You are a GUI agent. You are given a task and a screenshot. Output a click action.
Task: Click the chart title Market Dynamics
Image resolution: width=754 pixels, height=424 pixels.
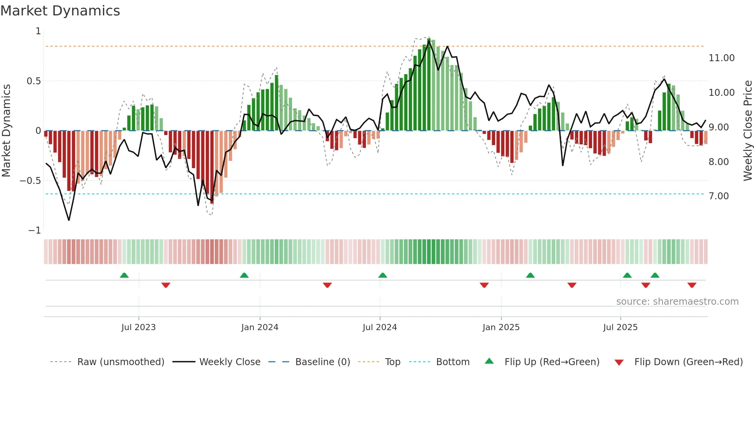(x=60, y=11)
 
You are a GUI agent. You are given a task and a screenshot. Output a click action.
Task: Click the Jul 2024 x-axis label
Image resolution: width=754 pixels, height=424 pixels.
(x=379, y=327)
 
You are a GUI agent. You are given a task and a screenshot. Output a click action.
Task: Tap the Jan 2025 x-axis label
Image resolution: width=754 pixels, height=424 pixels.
(x=501, y=327)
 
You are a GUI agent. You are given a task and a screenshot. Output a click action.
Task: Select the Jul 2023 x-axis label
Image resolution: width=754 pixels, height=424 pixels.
(x=138, y=327)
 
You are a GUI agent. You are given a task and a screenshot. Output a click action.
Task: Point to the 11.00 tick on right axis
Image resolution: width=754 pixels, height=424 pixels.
(x=721, y=58)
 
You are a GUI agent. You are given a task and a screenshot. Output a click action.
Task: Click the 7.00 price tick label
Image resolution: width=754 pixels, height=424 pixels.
(x=719, y=196)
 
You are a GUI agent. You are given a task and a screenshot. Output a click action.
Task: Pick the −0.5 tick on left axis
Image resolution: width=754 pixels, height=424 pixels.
(x=30, y=181)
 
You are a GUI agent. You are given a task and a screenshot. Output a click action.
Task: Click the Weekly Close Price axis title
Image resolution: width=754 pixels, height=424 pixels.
(x=747, y=131)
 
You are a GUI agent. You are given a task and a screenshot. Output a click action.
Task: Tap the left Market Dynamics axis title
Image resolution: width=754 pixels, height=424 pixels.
(x=6, y=131)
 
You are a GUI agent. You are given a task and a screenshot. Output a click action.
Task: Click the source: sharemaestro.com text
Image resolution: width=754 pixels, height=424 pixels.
(x=677, y=302)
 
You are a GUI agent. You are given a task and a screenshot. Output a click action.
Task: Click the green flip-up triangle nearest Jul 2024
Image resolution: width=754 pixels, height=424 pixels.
(x=382, y=275)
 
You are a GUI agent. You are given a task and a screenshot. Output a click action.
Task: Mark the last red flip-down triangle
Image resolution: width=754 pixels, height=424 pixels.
(x=692, y=285)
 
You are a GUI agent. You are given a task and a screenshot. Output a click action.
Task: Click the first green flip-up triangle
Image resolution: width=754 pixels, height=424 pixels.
(x=124, y=275)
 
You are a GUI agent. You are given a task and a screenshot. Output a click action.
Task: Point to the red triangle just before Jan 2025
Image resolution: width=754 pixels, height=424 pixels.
(x=484, y=285)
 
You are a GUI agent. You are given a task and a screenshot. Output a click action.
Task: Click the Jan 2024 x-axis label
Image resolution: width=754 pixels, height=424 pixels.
(x=260, y=327)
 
